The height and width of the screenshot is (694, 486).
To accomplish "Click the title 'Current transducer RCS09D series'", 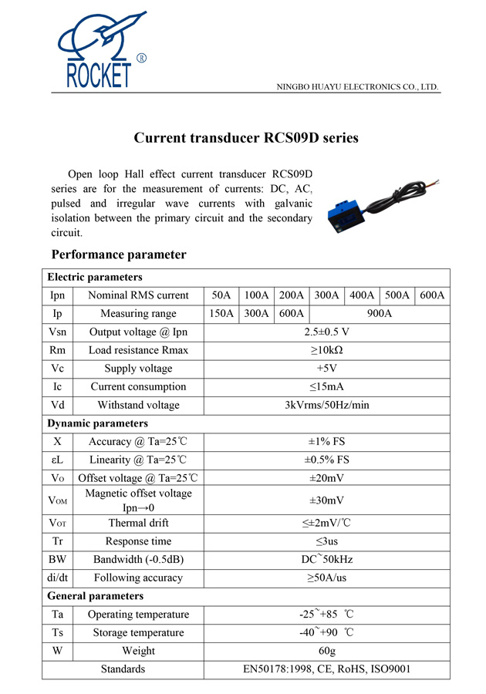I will point(246,138).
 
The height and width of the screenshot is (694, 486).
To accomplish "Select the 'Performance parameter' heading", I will point(119,254).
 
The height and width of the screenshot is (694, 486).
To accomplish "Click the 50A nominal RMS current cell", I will point(221,295).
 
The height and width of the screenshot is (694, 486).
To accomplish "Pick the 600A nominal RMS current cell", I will point(433,295).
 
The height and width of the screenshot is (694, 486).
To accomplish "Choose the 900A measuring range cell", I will point(379,314).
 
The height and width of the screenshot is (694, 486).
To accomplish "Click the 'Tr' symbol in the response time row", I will point(57,541).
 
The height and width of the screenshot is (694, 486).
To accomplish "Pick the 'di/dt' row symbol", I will point(57,578).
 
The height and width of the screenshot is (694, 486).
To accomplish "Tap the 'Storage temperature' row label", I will point(138,633).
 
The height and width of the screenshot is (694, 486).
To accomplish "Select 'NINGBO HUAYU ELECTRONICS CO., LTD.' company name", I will point(358,87).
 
